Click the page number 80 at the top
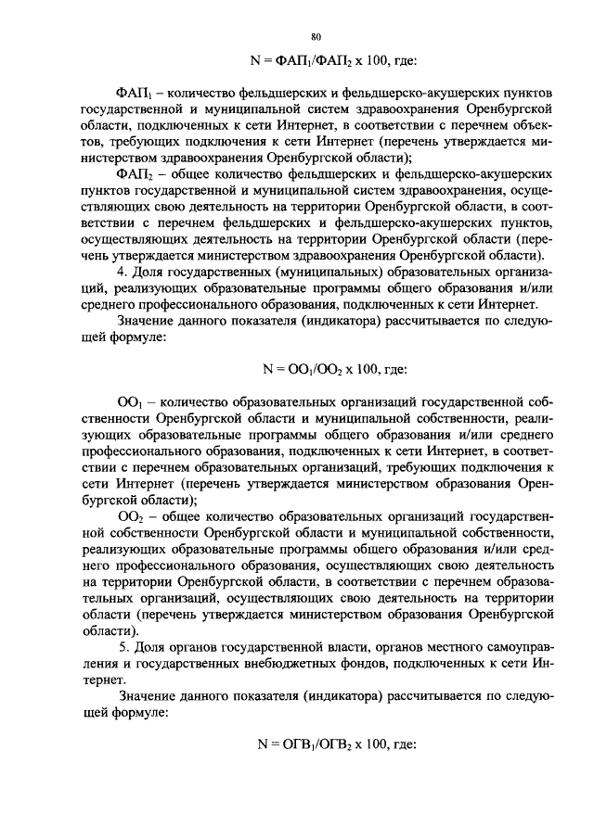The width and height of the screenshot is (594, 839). pyautogui.click(x=316, y=36)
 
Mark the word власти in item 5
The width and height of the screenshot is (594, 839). pyautogui.click(x=311, y=646)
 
